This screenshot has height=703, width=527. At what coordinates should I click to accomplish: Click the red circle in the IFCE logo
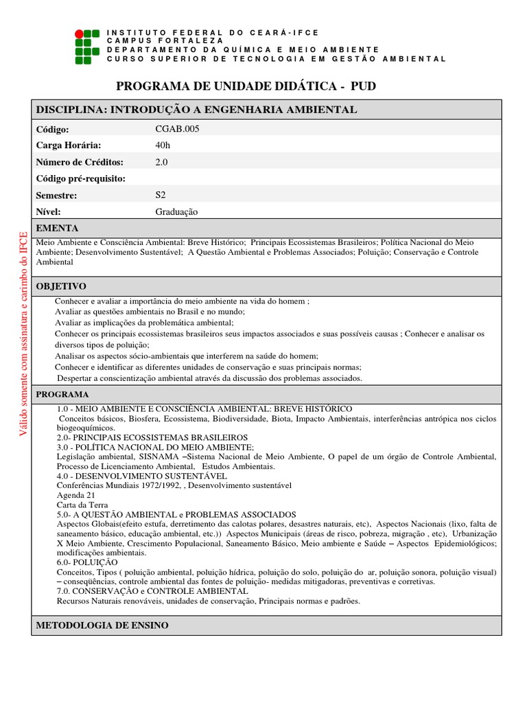tap(79, 33)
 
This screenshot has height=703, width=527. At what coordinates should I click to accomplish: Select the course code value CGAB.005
tap(178, 128)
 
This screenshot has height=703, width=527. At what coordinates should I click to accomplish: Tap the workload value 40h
tap(163, 145)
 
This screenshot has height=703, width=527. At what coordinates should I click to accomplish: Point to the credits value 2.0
tap(162, 162)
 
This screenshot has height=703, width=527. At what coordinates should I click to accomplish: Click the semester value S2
tap(161, 195)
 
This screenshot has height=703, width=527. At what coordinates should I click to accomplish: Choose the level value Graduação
tap(176, 211)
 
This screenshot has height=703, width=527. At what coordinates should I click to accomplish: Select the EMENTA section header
tap(57, 228)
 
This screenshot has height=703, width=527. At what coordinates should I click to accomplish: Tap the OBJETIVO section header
tap(61, 286)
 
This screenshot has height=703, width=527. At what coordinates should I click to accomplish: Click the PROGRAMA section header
tap(62, 395)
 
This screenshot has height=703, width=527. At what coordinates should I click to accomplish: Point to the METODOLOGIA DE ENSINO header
tap(102, 625)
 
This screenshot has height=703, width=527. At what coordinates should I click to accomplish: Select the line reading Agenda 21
tap(75, 495)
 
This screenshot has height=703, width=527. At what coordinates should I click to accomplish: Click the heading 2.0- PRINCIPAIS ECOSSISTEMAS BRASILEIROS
tap(152, 437)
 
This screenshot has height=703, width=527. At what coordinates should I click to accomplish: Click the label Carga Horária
tap(68, 145)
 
